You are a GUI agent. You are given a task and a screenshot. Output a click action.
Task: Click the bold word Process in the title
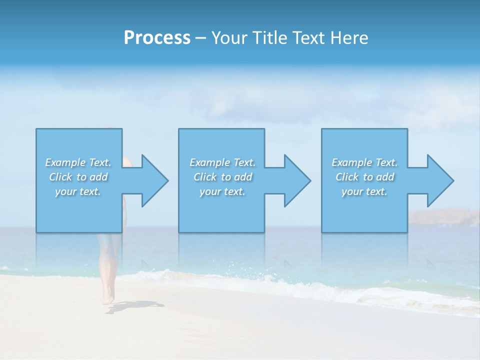coord(157,38)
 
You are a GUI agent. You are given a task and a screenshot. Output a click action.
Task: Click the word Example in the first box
coord(65,162)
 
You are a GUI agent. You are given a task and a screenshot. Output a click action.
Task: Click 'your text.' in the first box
coord(78,191)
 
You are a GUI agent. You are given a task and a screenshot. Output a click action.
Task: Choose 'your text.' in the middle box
coord(222,191)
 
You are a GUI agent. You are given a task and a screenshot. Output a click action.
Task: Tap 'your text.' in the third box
coord(364,191)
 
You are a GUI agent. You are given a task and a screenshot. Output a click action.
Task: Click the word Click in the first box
coord(60,177)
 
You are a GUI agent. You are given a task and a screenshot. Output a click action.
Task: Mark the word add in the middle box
coord(243,177)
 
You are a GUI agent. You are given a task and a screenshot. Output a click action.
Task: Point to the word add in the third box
coord(385,177)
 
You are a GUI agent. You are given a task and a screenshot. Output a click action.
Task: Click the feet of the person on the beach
coord(107,300)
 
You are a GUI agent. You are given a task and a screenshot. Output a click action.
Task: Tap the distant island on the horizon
coord(445,217)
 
